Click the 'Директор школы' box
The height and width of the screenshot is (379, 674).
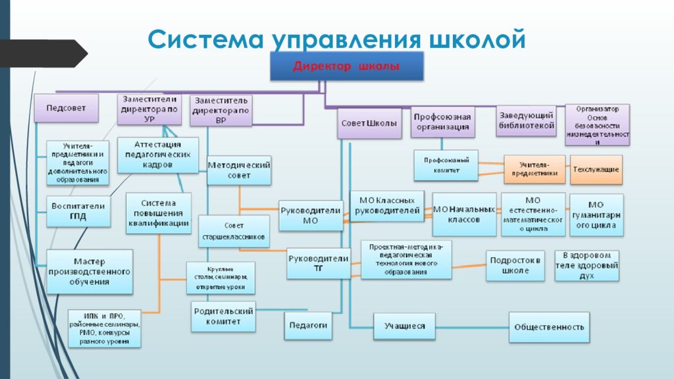(x=346, y=66)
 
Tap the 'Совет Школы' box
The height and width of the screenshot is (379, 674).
(x=370, y=123)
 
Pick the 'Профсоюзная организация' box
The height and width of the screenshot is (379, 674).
(x=442, y=122)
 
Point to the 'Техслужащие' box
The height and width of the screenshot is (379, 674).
(x=596, y=169)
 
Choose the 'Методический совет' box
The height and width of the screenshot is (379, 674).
(x=239, y=170)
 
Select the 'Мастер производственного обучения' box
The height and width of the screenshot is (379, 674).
(x=90, y=272)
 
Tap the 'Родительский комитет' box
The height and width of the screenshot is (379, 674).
(x=223, y=316)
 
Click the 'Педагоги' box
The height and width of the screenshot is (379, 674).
(x=307, y=326)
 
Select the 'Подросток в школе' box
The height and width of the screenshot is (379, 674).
(x=516, y=265)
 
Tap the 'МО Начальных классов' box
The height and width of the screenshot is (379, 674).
(x=465, y=215)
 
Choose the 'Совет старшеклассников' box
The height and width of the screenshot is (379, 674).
(x=234, y=231)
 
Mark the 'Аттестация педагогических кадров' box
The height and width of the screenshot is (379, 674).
(x=157, y=155)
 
